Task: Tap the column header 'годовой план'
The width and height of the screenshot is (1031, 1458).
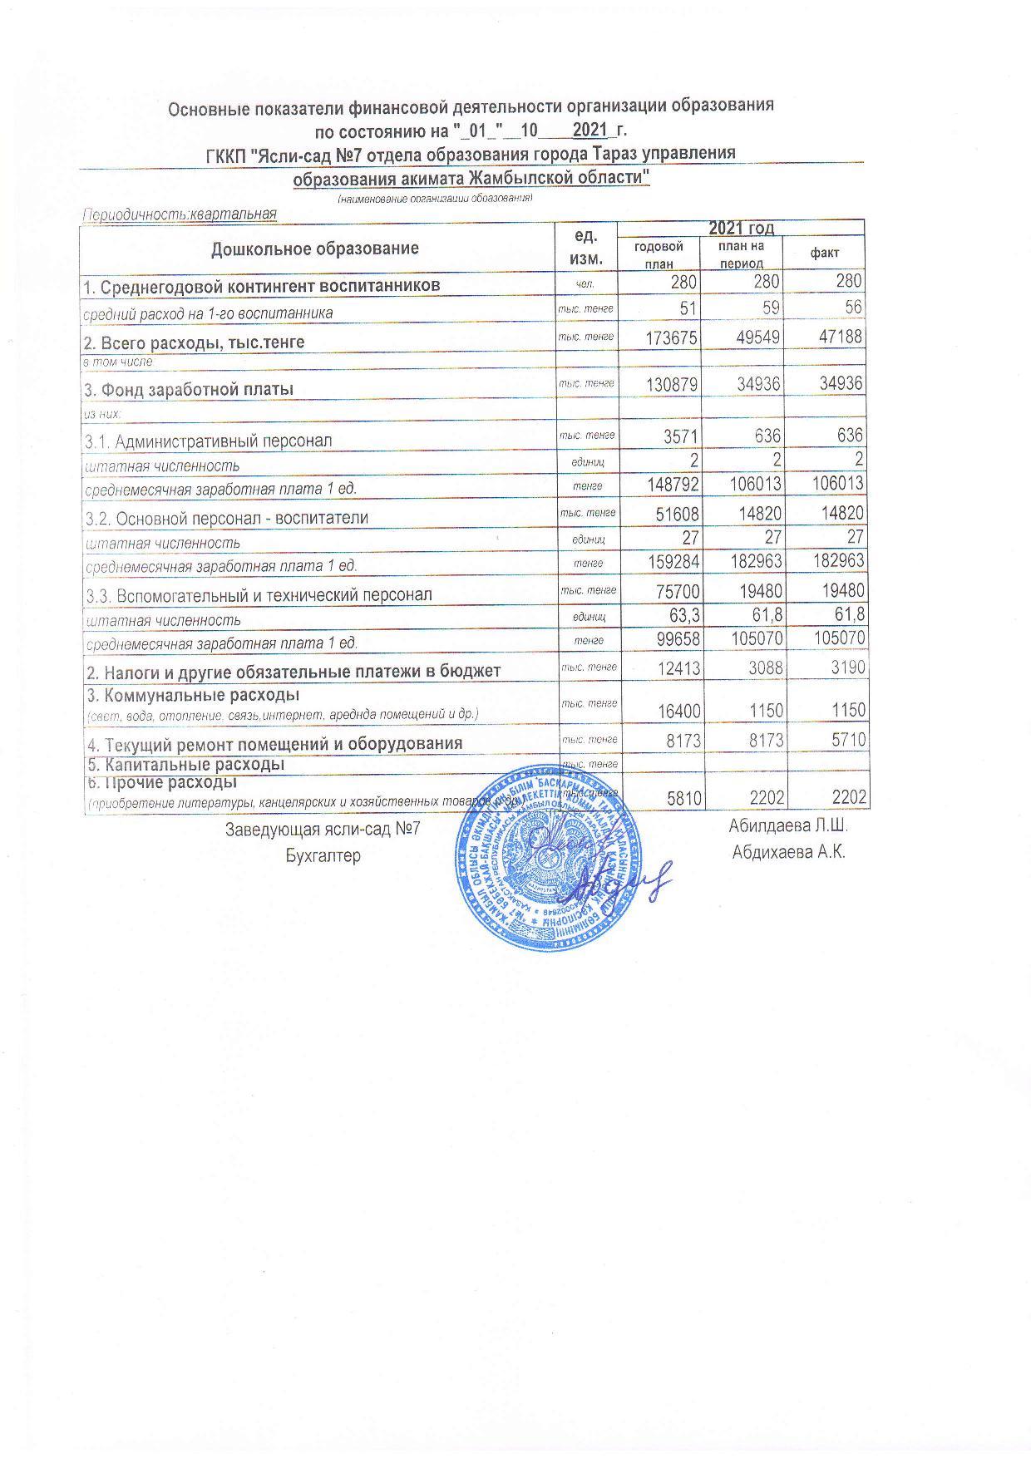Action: point(659,254)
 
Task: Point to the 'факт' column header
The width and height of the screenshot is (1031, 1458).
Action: point(825,253)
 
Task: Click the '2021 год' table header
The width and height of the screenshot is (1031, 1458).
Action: point(741,228)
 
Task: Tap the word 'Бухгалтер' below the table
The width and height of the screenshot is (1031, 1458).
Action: point(323,855)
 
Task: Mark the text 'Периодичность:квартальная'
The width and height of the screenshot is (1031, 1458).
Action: point(179,214)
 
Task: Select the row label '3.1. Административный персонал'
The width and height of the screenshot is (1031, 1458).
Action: point(208,440)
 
